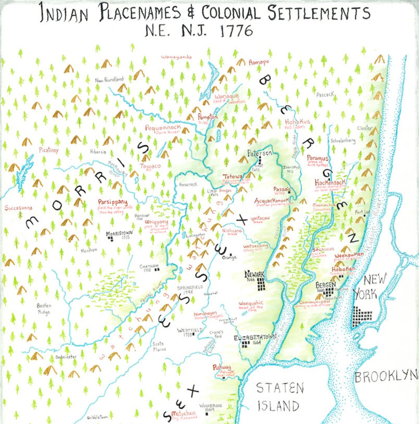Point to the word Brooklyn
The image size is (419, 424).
pos(386,376)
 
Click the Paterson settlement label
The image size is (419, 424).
pos(260,153)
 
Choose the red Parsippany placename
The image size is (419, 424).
pos(113,202)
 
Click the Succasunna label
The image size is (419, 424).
pos(19,208)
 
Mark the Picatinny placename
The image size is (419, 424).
pos(48,150)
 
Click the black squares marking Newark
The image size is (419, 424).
pos(261,284)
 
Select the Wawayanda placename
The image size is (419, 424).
pos(177,57)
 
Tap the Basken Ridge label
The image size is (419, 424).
pos(44,309)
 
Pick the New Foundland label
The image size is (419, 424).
pos(109,79)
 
